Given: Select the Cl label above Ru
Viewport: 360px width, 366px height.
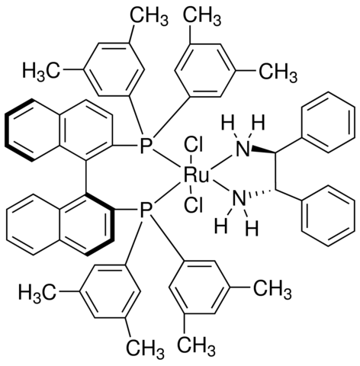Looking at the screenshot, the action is pos(194,146).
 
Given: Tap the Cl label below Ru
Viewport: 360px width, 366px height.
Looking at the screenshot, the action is pos(194,205).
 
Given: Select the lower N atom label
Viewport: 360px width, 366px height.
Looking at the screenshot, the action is pos(239,199).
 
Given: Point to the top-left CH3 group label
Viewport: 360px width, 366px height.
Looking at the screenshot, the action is pos(149,18).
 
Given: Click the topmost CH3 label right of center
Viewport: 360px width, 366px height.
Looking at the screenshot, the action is pos(202,18).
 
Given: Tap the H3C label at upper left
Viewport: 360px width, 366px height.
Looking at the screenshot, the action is pos(41,72).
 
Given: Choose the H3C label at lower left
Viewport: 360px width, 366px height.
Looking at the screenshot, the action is pos(37,291).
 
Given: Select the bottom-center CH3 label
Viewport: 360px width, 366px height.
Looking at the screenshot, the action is pos(196,346).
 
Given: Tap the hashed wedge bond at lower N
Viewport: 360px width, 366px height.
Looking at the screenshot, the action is pos(262,193).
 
